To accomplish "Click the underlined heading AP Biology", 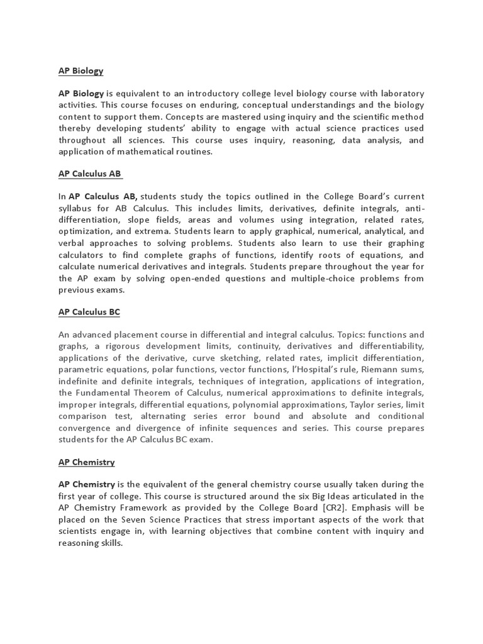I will (80, 71).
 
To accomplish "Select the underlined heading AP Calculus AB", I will (89, 174).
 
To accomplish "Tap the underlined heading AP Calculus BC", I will (89, 312).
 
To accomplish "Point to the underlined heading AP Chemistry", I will (86, 462).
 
